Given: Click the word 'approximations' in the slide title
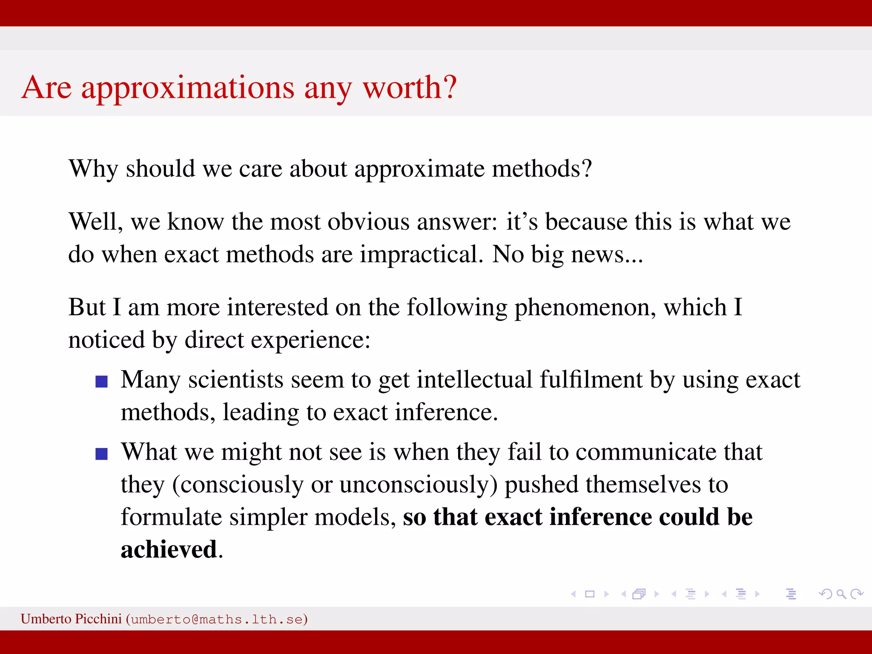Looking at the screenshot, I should pos(187,88).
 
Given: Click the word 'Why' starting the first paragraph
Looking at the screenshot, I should pos(93,169).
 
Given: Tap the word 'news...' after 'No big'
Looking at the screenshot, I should pos(607,255).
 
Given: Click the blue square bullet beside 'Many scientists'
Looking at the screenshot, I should pos(101,381).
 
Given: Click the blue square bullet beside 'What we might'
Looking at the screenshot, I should pos(101,454).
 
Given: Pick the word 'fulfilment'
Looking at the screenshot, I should pos(591,380).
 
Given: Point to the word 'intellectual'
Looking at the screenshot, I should pos(474,380).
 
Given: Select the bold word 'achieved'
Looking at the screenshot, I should pos(169,550).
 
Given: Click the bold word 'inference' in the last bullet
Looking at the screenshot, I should pos(600,517).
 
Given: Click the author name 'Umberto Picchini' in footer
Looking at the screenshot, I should pos(71,619).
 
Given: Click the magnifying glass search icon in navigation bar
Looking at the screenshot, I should pos(841,594).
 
